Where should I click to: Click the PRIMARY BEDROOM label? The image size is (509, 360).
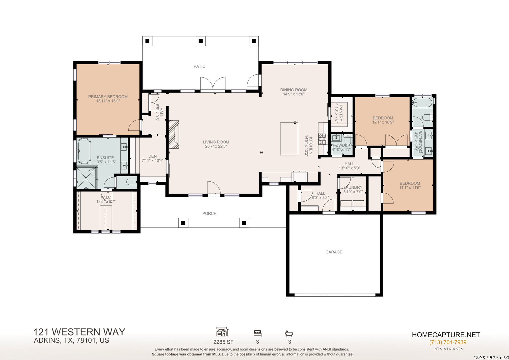tap(108, 97)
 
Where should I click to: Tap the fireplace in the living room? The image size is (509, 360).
tap(174, 134)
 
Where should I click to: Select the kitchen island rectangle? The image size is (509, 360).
tap(289, 139)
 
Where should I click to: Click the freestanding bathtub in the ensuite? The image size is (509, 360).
tap(84, 151)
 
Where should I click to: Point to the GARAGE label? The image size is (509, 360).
tap(334, 252)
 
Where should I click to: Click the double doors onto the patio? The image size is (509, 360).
tap(213, 84)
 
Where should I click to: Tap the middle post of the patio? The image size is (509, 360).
tap(201, 41)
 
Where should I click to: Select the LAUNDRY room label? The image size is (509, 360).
tap(353, 187)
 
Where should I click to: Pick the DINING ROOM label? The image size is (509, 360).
tap(294, 90)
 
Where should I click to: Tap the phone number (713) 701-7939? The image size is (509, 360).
tap(448, 342)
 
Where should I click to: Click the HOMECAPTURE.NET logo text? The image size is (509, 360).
tap(446, 335)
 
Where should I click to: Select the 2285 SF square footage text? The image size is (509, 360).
tap(223, 342)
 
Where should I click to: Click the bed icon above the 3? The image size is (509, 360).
tap(257, 333)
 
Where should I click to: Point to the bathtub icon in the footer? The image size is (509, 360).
tap(289, 333)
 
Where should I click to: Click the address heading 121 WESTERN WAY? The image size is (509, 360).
tap(79, 332)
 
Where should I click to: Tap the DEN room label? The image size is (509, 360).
tap(152, 156)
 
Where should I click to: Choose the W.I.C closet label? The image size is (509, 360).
tap(106, 197)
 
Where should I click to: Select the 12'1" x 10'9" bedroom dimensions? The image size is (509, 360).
tap(383, 122)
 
